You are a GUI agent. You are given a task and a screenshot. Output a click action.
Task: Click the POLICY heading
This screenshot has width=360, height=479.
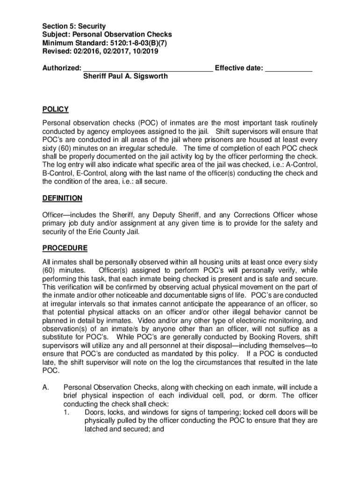tap(55, 109)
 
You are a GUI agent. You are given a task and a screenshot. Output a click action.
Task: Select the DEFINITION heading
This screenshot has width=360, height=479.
tap(62, 198)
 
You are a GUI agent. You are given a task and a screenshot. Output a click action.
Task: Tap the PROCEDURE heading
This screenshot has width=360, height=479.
tap(65, 247)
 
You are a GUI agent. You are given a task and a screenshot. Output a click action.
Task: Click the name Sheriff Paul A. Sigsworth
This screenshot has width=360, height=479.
tap(125, 76)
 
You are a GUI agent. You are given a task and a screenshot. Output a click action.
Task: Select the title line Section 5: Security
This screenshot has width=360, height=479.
tap(74, 26)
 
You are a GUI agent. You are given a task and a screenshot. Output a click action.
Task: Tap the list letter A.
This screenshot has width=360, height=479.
tap(45, 387)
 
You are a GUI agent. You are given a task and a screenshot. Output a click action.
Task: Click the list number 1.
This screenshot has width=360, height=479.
tap(66, 412)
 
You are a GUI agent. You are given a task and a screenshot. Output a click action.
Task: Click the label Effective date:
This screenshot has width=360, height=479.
tap(238, 68)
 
